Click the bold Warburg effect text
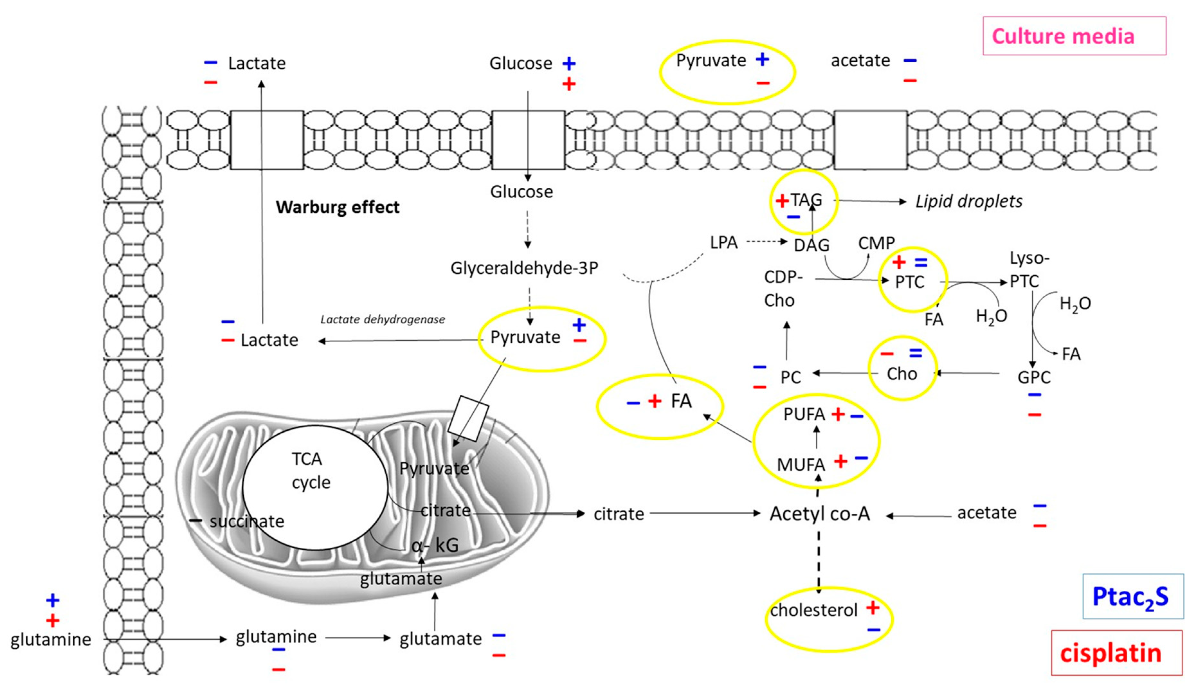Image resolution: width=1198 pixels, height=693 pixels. [x=338, y=207]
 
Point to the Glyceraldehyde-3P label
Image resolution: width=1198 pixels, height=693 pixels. [x=524, y=268]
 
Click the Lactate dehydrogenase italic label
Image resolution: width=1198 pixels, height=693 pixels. [x=383, y=319]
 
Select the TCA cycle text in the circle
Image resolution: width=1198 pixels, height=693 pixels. [x=311, y=471]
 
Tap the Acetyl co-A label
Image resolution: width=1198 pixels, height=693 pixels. [x=820, y=514]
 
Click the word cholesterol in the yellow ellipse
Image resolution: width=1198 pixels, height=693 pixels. [x=814, y=610]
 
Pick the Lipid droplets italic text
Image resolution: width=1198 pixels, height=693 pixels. [x=969, y=202]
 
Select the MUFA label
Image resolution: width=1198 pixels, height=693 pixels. [x=801, y=464]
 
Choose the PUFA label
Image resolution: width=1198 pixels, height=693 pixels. [x=804, y=414]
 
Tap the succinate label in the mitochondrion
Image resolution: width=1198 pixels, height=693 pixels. [x=247, y=521]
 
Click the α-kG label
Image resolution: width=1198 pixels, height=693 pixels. [x=435, y=546]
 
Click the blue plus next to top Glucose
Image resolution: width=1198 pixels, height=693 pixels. [x=569, y=63]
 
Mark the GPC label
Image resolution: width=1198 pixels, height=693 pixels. [x=1033, y=377]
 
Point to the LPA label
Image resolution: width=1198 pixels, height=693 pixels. [x=724, y=243]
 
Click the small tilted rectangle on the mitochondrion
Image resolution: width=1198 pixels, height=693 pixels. [x=468, y=418]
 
